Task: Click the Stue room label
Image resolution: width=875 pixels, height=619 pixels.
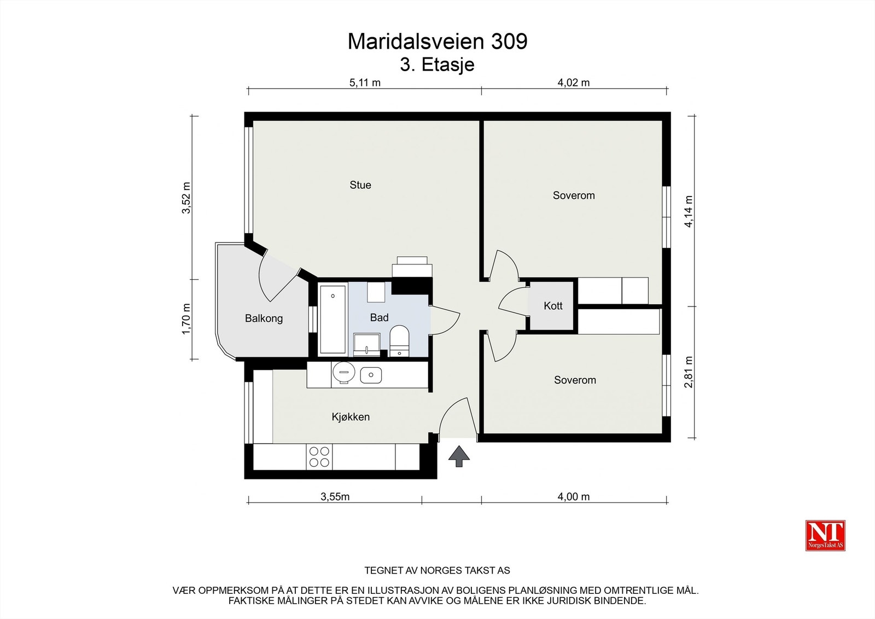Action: tap(360, 185)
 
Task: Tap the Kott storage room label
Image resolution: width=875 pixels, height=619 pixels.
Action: tap(553, 306)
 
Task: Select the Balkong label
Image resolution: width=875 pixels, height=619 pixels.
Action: tap(264, 319)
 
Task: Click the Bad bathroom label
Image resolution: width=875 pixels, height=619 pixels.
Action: tap(379, 317)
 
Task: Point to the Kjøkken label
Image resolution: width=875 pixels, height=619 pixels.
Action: tap(351, 417)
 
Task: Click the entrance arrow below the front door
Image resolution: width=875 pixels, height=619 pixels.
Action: tap(459, 456)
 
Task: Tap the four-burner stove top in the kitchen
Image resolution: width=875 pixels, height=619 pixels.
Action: tap(319, 456)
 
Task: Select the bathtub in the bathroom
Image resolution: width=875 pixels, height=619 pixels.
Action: tap(332, 319)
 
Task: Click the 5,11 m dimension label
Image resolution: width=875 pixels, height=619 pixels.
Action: tap(365, 83)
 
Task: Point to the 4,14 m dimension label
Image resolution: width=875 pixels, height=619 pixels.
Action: tap(689, 211)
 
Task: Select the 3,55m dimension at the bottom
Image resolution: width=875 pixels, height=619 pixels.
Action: tap(335, 497)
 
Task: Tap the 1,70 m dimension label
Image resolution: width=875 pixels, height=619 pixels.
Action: tap(186, 320)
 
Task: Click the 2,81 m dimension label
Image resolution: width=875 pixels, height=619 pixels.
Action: tap(689, 372)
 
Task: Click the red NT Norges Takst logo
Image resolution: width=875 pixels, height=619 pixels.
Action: tap(825, 535)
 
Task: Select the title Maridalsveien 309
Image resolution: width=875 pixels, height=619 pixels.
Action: tap(437, 42)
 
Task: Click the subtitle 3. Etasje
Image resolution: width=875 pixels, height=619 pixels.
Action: tap(437, 65)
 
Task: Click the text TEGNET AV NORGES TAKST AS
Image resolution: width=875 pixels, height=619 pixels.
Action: tap(437, 570)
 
